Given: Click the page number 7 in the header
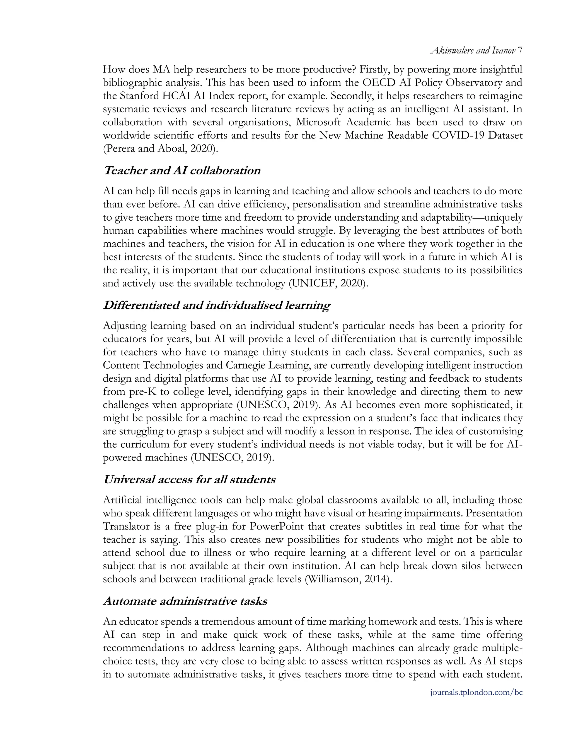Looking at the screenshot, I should pos(520,51).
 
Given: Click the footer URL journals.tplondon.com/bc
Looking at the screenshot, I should pos(476,692).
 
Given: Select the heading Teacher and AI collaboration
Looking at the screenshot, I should pos(182,170).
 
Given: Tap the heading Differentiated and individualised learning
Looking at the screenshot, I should pos(217,305).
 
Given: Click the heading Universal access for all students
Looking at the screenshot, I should pos(189,479).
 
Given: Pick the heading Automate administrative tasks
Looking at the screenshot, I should pos(185,601).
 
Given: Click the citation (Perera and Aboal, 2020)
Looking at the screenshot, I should pos(160,149).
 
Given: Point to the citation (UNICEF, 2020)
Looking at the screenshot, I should pos(328,283).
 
